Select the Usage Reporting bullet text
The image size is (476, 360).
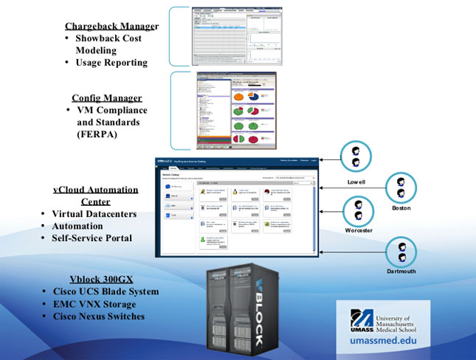111,63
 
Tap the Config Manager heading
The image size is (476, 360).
107,98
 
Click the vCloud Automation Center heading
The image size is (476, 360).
96,195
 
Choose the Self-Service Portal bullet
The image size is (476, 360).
92,238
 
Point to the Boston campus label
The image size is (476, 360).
401,209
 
